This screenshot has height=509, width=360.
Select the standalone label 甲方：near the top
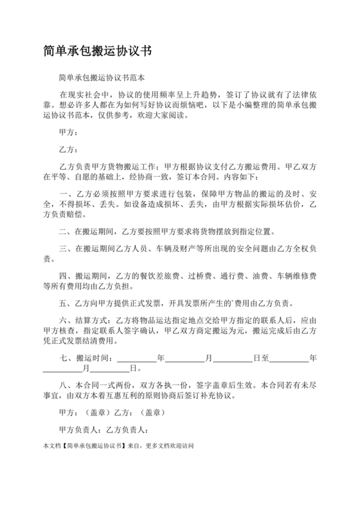pyautogui.click(x=69, y=133)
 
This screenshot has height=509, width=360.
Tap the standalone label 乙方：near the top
pyautogui.click(x=69, y=150)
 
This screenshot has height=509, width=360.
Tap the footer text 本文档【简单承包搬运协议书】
pyautogui.click(x=83, y=445)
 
